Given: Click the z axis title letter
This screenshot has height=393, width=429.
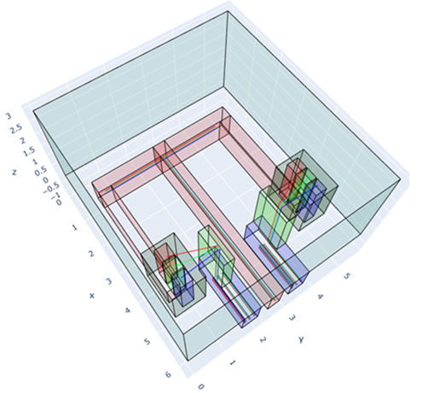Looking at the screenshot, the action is [x=14, y=172].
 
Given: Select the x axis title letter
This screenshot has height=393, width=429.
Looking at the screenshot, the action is [x=91, y=296].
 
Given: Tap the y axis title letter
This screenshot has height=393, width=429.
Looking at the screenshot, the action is [x=301, y=339].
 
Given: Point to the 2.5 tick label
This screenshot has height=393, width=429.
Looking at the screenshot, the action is [x=16, y=129].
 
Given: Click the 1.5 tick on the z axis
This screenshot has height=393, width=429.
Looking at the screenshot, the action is [x=29, y=152].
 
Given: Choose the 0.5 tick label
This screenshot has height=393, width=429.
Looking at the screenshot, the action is [x=41, y=172].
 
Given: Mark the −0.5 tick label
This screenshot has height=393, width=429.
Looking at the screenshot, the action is [x=50, y=188].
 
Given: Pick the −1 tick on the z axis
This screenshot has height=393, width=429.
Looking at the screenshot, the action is [x=55, y=196].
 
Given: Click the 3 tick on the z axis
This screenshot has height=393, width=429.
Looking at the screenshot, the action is [x=9, y=116].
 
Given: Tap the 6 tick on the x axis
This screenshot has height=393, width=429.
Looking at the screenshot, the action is [x=169, y=374].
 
